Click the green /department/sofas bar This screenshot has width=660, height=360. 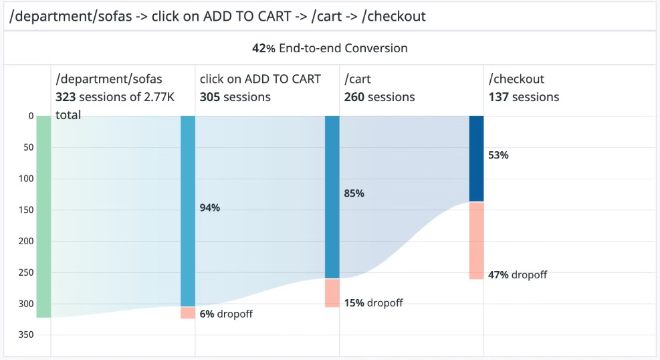coord(43,216)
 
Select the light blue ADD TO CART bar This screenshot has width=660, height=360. coord(188,211)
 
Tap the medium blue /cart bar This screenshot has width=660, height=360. coord(332,197)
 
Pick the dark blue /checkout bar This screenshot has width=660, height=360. coord(477,159)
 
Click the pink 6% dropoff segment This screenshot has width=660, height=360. coord(188,313)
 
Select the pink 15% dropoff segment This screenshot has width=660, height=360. coord(332,293)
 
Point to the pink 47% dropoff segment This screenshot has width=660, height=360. coord(477,240)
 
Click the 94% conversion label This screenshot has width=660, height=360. coord(209,207)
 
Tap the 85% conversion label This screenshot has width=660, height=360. coord(354,193)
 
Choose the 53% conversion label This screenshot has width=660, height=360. coord(498,155)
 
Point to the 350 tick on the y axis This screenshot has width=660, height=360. coord(25,335)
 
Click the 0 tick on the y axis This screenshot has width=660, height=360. coord(31,116)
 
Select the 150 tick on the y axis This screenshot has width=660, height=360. coord(25,209)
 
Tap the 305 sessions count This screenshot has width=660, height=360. coord(235,97)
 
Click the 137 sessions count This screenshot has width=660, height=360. coord(524,97)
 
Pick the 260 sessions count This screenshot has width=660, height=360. coord(379,97)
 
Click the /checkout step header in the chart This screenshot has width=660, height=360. coord(516,79)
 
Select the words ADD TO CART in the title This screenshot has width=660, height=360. coord(247,17)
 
